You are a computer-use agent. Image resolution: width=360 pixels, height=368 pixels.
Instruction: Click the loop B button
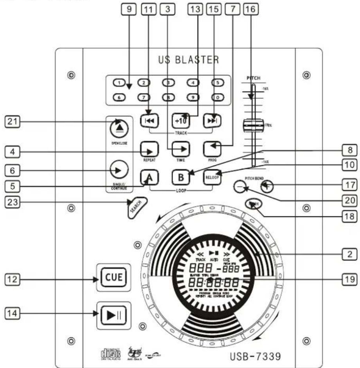point(180,177)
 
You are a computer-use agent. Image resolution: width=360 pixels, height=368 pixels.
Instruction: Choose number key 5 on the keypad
point(216,83)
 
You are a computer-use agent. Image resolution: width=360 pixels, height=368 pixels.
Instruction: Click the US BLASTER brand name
point(189,60)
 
